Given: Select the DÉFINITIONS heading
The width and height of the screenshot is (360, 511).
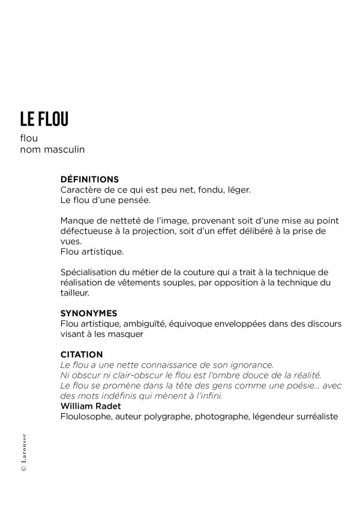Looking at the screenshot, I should pyautogui.click(x=89, y=179).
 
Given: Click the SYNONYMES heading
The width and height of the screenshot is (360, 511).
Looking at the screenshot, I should pyautogui.click(x=89, y=313).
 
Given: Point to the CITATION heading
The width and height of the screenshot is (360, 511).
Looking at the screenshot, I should pyautogui.click(x=82, y=354).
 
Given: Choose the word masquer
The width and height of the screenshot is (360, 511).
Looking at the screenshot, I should pyautogui.click(x=127, y=334).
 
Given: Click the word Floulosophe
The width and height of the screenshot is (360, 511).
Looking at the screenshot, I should pyautogui.click(x=87, y=416).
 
